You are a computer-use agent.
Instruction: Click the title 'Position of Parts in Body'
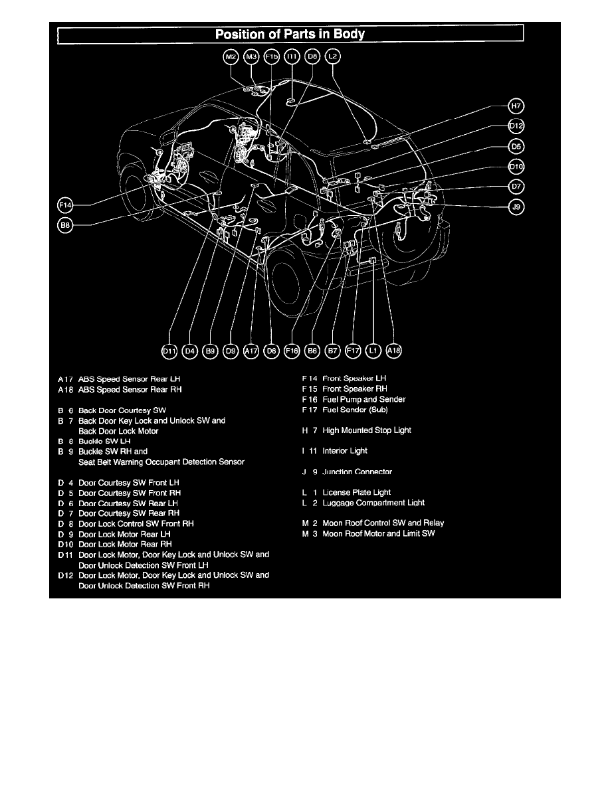click(290, 34)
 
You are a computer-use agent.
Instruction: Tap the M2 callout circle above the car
click(231, 58)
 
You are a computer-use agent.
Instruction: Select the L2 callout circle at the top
click(334, 58)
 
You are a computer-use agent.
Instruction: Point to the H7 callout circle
click(516, 106)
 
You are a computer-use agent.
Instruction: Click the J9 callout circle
click(516, 207)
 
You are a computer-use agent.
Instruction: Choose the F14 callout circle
click(65, 205)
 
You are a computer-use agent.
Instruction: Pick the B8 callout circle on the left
click(65, 226)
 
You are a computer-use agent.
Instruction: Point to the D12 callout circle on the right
click(516, 126)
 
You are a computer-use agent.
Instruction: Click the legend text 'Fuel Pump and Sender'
click(363, 399)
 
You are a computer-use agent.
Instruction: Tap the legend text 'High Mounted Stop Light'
click(367, 430)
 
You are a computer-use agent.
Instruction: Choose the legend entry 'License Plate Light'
click(357, 493)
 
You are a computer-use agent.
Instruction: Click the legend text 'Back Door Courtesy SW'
click(121, 410)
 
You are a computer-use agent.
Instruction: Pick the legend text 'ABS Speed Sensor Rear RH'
click(130, 389)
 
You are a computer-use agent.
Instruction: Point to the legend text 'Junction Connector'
click(357, 472)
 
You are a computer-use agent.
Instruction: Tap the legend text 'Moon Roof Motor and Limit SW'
click(379, 533)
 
